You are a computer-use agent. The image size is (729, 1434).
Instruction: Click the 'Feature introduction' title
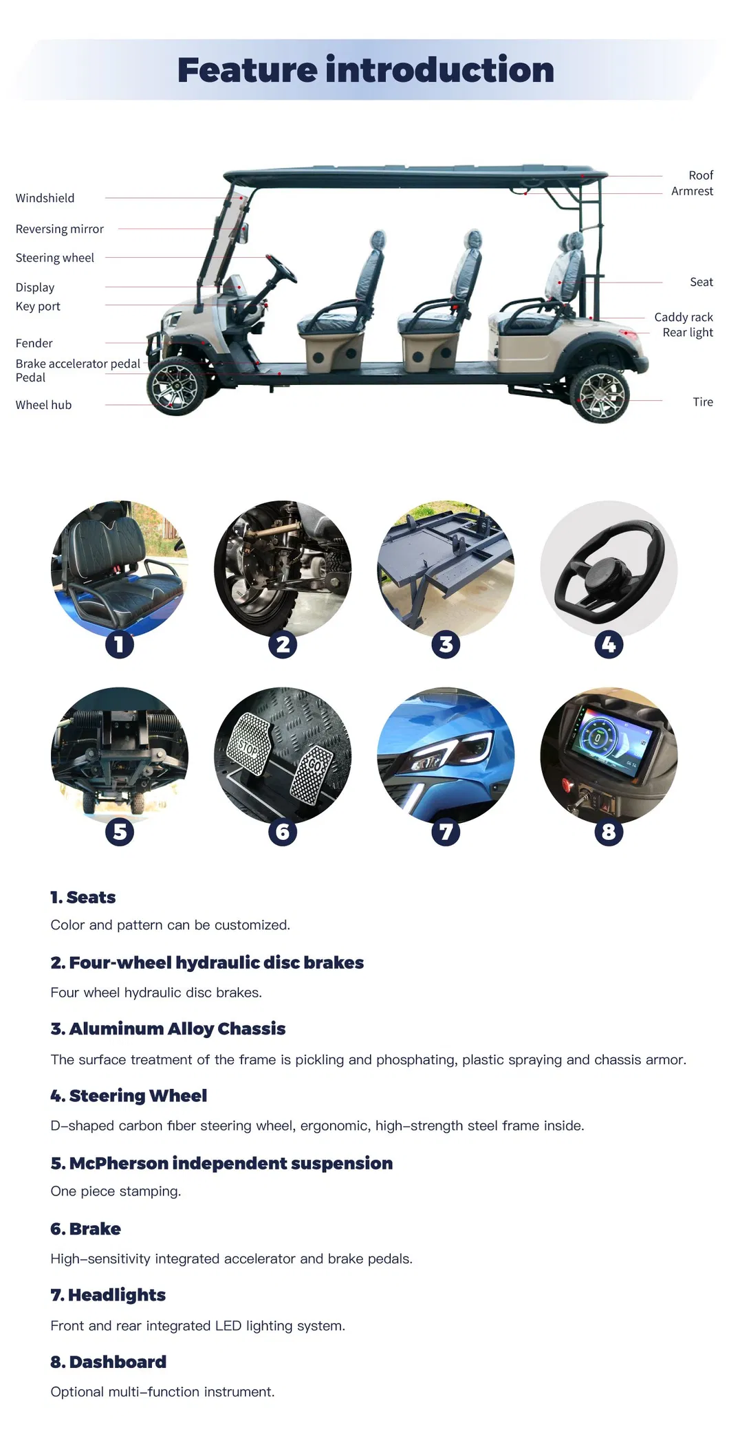point(365,71)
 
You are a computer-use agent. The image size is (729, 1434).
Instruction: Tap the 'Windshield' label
point(45,198)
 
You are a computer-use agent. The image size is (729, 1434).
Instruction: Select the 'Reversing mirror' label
point(59,229)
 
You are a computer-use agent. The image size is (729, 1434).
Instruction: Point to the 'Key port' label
point(38,306)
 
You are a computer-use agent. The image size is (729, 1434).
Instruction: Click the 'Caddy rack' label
point(683,317)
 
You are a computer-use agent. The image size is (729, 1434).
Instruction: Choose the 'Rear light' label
point(687,332)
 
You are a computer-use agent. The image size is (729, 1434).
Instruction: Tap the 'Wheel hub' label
point(43,405)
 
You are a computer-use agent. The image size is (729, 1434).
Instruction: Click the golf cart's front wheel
point(175,387)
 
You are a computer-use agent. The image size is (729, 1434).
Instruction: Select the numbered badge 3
point(446,644)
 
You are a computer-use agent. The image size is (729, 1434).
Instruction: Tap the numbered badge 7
point(446,832)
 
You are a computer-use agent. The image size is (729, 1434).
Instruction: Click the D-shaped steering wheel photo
point(609,569)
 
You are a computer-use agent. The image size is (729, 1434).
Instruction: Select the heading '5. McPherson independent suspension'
point(221,1163)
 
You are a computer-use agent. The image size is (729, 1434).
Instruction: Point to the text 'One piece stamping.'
point(116,1191)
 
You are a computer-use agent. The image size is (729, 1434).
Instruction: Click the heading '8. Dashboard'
point(108,1362)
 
